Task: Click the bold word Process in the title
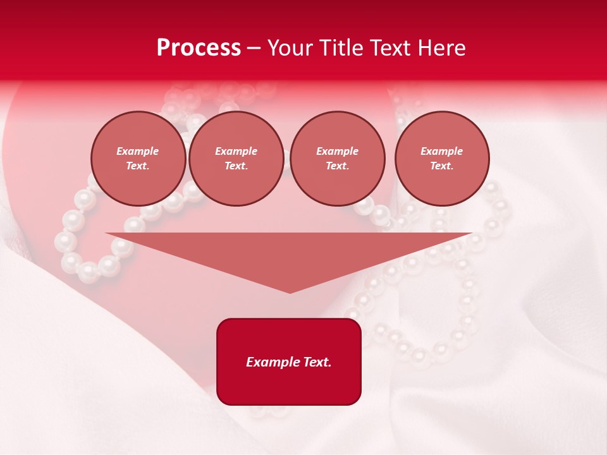point(199,48)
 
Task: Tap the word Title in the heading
point(340,48)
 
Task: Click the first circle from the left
point(138,158)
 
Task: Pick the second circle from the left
point(236,158)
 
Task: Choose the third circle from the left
point(337,158)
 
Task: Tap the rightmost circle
point(441,158)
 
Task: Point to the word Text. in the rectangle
point(316,362)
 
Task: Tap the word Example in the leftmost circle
point(138,151)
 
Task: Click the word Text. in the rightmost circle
point(441,166)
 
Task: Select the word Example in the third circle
point(337,151)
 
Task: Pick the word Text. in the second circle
point(236,166)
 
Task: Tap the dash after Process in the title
point(254,48)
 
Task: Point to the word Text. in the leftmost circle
point(138,166)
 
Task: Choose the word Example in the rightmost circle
point(441,151)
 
